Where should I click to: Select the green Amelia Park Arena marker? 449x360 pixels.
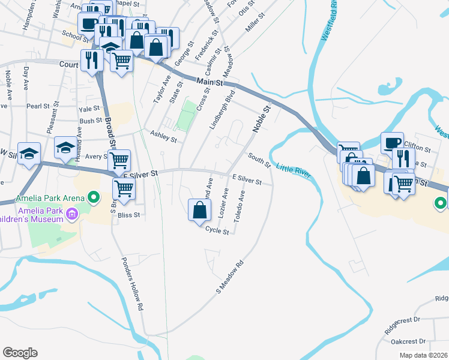pos(93,197)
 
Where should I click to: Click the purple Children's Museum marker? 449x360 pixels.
pos(72,214)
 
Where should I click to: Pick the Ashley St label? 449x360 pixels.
pos(164,137)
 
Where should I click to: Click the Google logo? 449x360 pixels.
pos(20,353)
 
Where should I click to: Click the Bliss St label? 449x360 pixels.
pos(128,214)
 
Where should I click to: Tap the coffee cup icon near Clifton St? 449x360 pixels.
pos(392,143)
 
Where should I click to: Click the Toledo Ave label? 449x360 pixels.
pos(240,206)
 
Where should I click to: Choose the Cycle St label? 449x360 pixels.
pos(217,229)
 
